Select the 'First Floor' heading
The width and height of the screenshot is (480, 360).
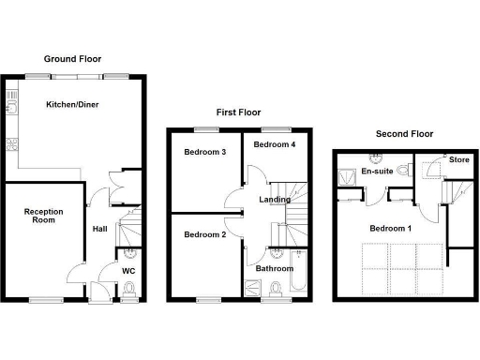point(238,112)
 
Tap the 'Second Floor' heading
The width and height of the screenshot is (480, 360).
point(403,134)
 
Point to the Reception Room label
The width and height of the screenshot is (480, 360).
point(43,217)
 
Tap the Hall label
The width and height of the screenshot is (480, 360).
point(99,228)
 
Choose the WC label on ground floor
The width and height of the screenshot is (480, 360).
point(129,271)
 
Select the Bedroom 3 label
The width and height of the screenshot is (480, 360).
point(204,152)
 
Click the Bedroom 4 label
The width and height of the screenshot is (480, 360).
point(274,144)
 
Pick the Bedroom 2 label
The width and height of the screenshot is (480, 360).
point(204,233)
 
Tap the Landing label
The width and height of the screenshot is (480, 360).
point(275,199)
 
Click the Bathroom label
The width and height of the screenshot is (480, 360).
point(275,269)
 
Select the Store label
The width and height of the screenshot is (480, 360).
point(458,159)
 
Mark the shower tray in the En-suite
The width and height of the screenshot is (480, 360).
point(347,172)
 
